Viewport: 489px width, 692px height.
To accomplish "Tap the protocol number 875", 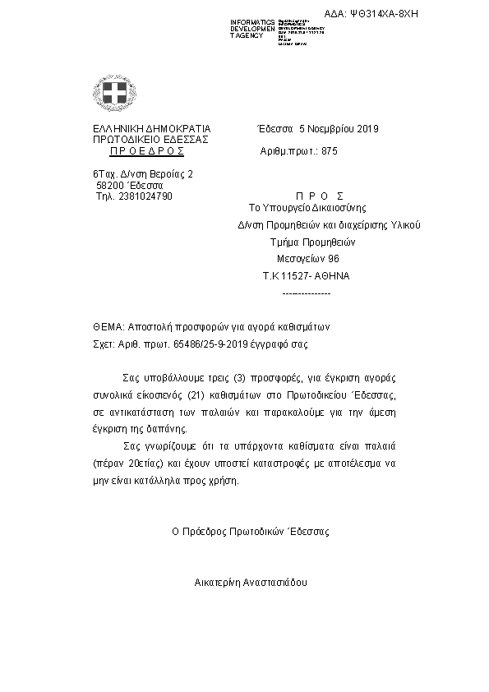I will pos(329,152).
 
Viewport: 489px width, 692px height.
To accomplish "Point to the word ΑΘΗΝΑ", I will pos(332,276).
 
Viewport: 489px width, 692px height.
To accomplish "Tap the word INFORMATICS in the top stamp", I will pos(253,21).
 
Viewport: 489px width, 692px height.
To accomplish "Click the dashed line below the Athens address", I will pos(306,292).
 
